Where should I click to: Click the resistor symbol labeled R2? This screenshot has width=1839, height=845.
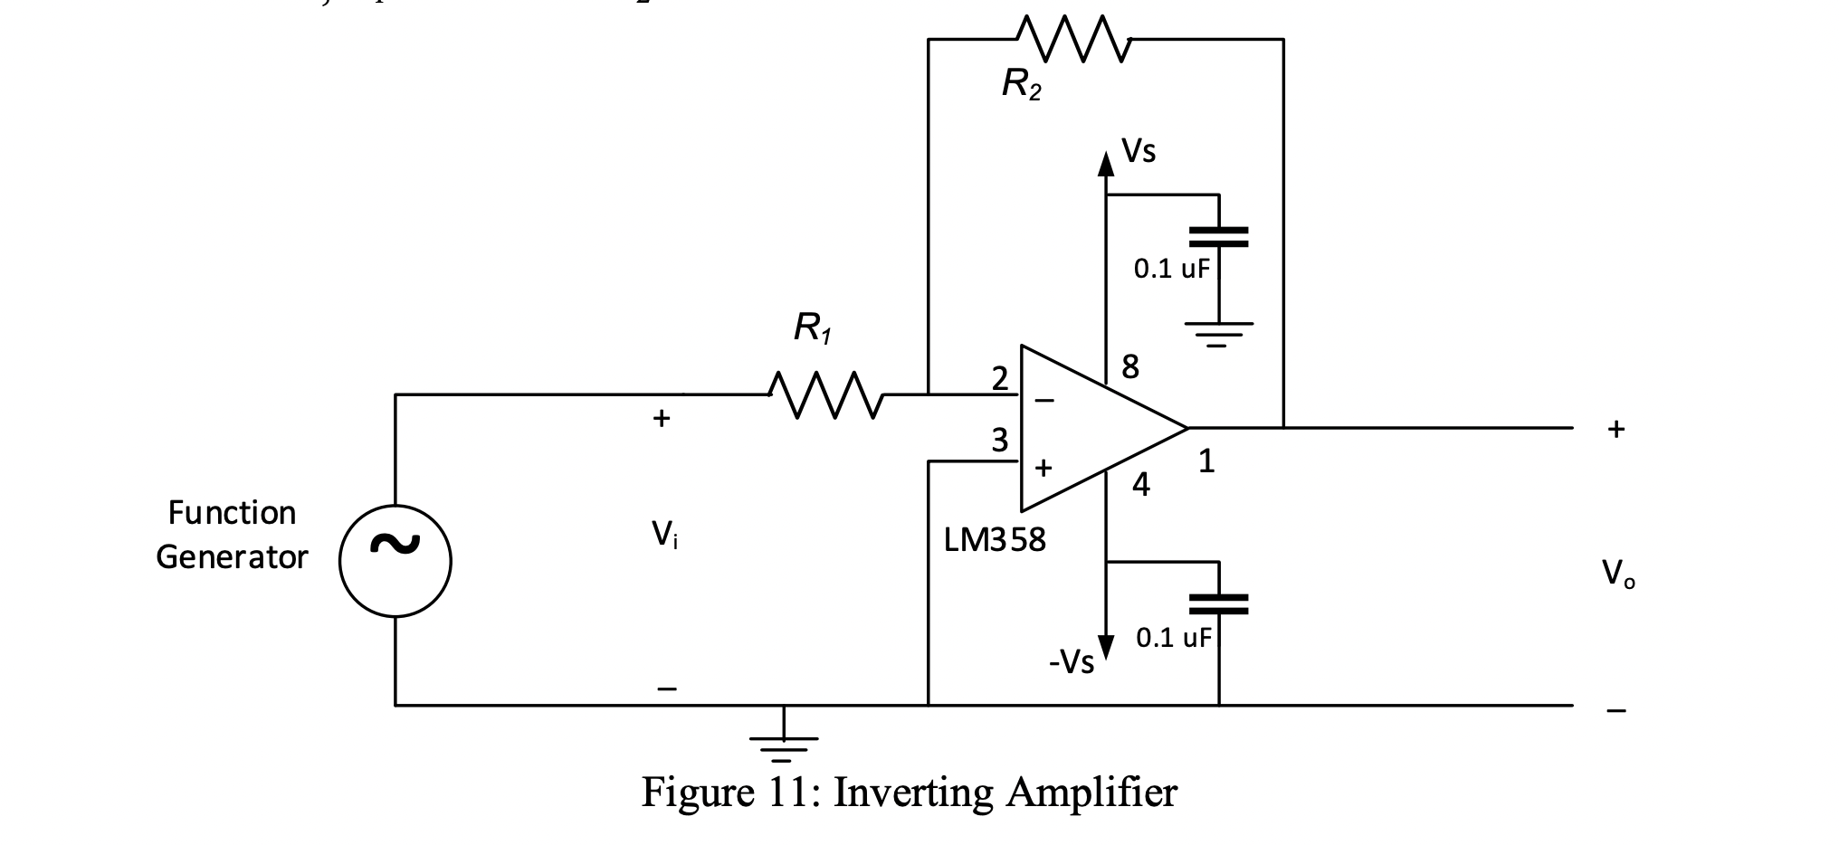click(1073, 39)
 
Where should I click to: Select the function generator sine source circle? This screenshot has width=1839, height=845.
click(395, 561)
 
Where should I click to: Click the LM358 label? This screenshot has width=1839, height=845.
click(994, 540)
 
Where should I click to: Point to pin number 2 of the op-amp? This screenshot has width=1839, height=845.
click(999, 378)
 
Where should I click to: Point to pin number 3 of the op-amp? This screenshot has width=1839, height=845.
click(999, 441)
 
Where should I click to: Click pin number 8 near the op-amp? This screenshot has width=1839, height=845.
click(1130, 367)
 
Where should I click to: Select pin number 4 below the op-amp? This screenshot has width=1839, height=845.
click(1141, 486)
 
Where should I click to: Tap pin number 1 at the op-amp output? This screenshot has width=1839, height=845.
click(1206, 462)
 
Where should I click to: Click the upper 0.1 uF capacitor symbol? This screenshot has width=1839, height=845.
click(1218, 237)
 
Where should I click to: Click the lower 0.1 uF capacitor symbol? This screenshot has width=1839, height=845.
click(1218, 603)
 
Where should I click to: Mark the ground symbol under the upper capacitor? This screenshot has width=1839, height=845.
click(1218, 334)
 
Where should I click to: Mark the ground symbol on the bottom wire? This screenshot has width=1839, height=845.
click(784, 747)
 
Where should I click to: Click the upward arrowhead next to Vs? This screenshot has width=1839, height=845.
click(1105, 164)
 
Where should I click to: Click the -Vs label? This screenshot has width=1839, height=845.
click(1072, 663)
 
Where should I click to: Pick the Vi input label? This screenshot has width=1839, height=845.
click(664, 535)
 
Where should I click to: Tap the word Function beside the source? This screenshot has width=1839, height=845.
click(232, 513)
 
